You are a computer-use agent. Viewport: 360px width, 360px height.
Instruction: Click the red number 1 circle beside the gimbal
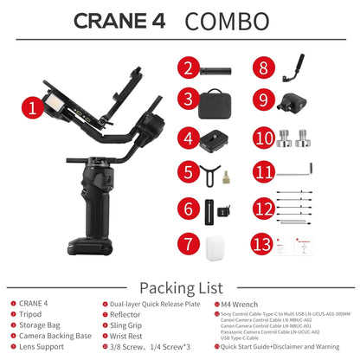click(33, 109)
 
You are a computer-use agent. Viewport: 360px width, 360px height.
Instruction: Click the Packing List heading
click(180, 286)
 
